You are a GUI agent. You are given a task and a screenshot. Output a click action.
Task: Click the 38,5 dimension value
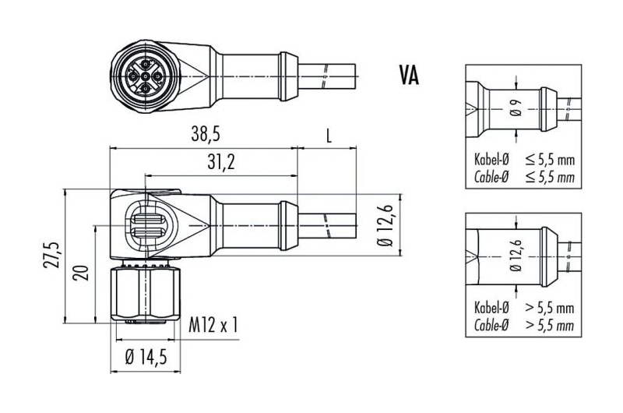(205, 134)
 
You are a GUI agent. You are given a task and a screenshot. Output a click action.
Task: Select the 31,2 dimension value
(221, 162)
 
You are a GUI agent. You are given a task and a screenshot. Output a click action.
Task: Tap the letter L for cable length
(329, 136)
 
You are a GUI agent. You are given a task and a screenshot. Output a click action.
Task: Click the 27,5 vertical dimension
(51, 255)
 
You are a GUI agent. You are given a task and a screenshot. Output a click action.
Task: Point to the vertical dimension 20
(82, 274)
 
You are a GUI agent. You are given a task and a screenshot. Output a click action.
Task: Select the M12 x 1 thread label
(213, 325)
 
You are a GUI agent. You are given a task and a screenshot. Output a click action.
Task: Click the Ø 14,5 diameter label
(146, 358)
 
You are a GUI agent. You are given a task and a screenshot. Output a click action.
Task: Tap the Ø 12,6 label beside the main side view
(385, 225)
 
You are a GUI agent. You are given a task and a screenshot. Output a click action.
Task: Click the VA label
(409, 76)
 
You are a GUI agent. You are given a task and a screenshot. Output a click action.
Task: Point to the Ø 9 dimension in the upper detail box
(516, 108)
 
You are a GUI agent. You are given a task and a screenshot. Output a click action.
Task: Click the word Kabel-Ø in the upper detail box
(491, 160)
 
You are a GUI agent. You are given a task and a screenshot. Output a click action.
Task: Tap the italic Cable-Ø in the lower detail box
(491, 325)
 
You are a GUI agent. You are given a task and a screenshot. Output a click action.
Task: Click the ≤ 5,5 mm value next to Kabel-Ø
(550, 160)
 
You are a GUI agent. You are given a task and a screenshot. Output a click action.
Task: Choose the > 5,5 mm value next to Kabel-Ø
(550, 308)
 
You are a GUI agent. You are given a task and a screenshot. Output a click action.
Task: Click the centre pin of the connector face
(146, 76)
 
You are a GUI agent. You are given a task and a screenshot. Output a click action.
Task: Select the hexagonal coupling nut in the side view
(146, 294)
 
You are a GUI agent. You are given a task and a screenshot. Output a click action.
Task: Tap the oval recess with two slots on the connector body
(150, 225)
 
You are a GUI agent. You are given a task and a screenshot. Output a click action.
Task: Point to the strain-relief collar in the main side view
(288, 225)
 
